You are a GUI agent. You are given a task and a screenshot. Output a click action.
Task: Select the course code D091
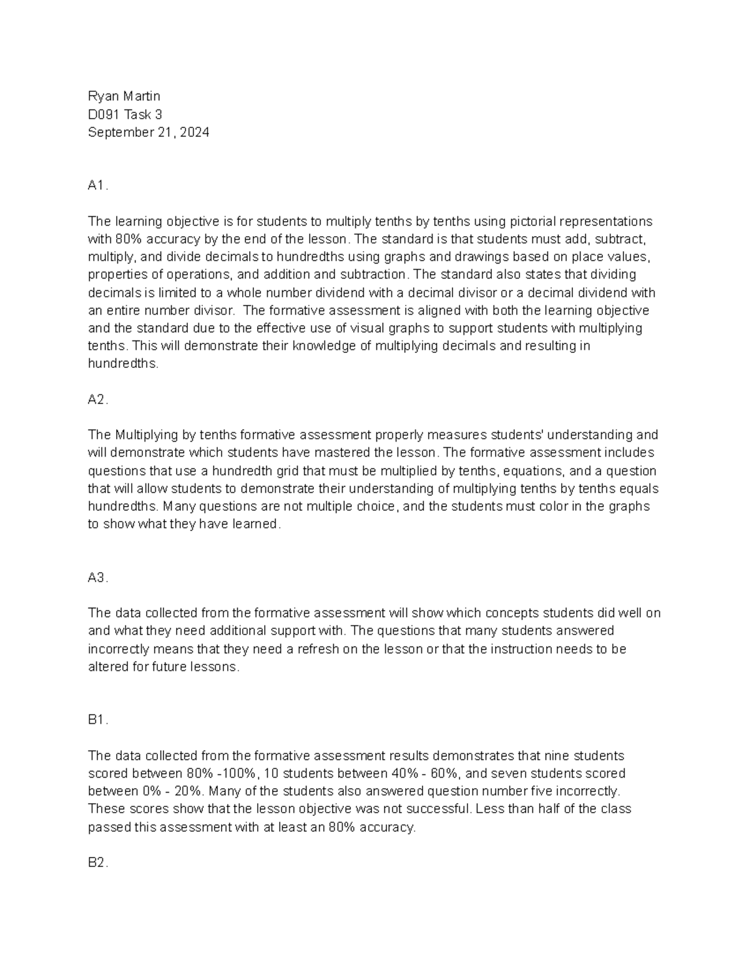point(104,114)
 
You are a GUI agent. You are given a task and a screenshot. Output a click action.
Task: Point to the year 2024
point(195,132)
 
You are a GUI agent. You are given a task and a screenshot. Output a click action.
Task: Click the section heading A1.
point(97,186)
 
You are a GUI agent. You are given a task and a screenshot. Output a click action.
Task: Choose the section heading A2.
point(97,400)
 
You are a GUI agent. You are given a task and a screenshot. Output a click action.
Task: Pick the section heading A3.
point(97,578)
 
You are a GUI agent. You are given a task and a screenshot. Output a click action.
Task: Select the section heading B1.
point(97,720)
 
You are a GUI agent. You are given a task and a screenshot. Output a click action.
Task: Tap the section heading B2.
point(97,863)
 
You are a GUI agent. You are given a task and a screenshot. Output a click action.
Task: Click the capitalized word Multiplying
point(145,435)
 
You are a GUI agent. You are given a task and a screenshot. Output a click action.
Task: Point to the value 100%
point(242,774)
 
